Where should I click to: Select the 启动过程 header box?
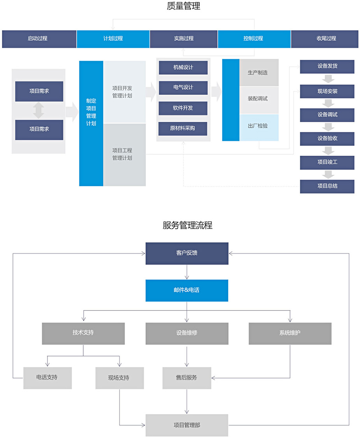click(39, 39)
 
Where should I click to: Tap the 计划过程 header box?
click(113, 39)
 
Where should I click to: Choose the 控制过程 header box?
click(254, 39)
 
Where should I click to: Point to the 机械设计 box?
click(183, 67)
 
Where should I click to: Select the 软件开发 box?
click(183, 108)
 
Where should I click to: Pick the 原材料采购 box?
click(183, 128)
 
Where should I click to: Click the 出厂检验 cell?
click(259, 126)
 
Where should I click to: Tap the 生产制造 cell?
click(259, 73)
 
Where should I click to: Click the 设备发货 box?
click(327, 66)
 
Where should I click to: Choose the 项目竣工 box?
click(327, 162)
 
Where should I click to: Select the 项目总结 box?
click(327, 186)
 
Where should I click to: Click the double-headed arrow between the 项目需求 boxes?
click(39, 111)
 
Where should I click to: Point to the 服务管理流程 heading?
click(187, 225)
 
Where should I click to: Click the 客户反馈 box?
click(187, 253)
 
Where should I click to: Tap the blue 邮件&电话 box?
click(187, 290)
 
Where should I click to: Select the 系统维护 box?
click(290, 333)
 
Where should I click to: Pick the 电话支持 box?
click(47, 377)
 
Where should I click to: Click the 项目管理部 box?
click(187, 425)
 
